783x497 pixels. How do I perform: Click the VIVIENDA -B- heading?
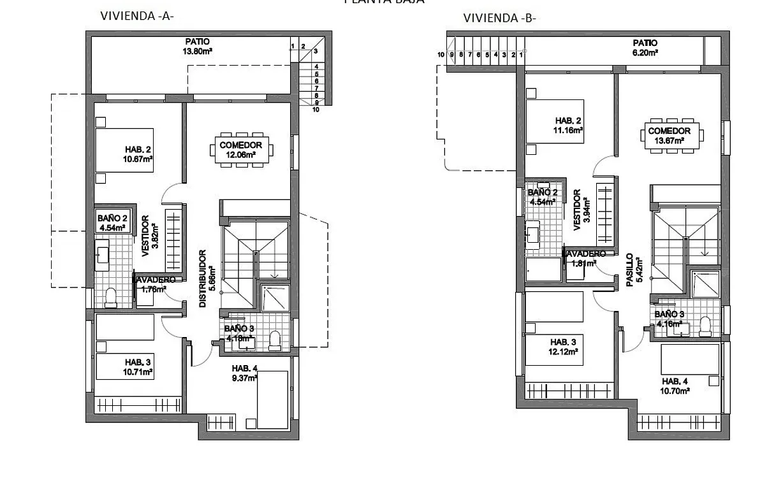click(x=500, y=18)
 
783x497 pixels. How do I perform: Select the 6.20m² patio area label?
click(x=645, y=48)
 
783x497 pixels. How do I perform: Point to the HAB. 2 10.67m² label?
click(x=138, y=155)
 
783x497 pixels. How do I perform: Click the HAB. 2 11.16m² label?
click(x=569, y=126)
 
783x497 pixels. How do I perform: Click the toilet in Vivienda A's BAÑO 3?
click(x=275, y=340)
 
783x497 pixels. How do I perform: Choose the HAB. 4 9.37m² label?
click(x=245, y=373)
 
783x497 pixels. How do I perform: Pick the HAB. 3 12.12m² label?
click(x=564, y=346)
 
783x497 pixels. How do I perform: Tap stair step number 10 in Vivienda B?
click(x=441, y=55)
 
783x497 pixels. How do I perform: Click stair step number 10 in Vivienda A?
click(x=316, y=110)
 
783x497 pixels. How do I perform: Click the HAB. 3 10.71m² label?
click(x=134, y=366)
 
